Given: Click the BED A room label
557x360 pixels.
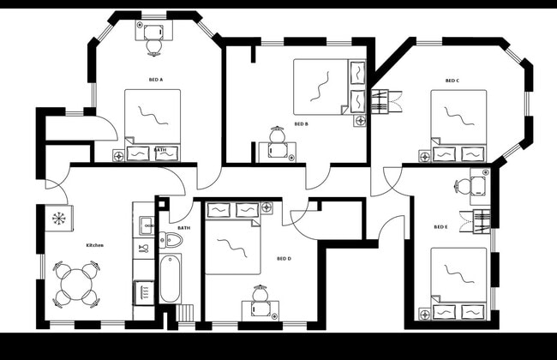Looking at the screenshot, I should (x=156, y=80).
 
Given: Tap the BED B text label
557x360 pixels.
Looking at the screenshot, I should (x=301, y=124).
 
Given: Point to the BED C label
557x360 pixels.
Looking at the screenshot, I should (x=452, y=81).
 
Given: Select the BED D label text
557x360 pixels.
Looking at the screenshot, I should (x=284, y=258).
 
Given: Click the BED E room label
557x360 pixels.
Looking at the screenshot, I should (x=440, y=227).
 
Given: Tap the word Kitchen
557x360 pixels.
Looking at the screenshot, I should (x=94, y=245).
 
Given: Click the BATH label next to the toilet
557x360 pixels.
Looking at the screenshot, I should (x=184, y=228).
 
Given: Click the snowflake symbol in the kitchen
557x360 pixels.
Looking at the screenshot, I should (x=58, y=219).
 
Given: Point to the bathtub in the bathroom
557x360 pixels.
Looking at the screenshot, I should (x=171, y=279).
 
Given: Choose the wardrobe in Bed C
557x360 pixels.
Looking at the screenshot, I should (x=386, y=102).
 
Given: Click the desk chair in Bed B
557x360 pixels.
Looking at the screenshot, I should (x=278, y=136).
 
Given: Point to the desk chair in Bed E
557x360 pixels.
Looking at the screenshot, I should (x=464, y=185).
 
